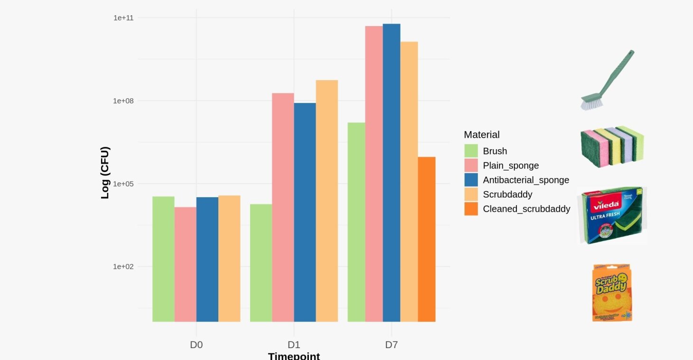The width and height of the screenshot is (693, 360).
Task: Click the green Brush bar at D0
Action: [x=163, y=259]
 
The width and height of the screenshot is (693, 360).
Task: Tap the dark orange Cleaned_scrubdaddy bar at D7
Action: [x=427, y=239]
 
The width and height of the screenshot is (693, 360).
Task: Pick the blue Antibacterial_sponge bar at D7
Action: [x=392, y=173]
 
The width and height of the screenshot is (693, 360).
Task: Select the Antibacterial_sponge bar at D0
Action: [x=207, y=259]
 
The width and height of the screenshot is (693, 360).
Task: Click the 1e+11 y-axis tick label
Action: [x=123, y=18]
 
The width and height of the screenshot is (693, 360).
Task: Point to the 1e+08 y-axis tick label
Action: [x=123, y=101]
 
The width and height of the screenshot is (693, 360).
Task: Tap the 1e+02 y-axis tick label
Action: [x=123, y=266]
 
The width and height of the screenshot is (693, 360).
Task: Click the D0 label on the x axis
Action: [x=196, y=345]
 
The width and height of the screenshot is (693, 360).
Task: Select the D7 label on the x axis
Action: [x=391, y=345]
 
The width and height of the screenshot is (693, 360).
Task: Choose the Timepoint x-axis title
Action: [x=294, y=356]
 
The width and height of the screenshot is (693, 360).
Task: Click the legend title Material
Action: [x=481, y=134]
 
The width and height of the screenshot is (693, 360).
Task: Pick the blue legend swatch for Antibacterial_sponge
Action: [x=471, y=180]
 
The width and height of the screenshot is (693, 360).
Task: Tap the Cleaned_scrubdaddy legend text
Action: [x=526, y=208]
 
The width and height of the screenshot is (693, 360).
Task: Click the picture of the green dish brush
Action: [x=608, y=80]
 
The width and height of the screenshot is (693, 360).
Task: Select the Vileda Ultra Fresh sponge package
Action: [x=612, y=215]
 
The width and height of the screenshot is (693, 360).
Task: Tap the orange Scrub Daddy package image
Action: [x=612, y=293]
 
